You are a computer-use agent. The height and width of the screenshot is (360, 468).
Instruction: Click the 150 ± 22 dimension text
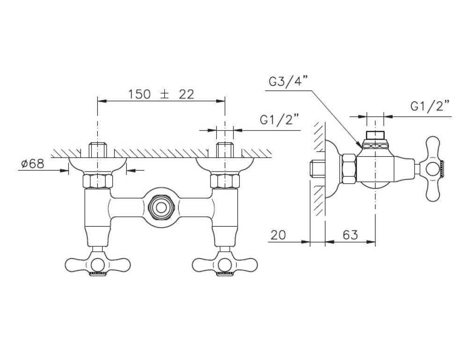tap(161, 94)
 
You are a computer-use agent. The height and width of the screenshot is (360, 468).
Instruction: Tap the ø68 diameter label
tap(33, 164)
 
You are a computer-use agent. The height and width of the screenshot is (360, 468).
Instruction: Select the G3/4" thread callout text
tap(288, 81)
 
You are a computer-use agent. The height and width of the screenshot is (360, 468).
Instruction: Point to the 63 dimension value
tap(350, 235)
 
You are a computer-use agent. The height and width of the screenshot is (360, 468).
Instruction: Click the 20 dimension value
tap(278, 235)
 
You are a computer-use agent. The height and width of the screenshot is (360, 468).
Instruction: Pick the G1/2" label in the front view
tap(280, 121)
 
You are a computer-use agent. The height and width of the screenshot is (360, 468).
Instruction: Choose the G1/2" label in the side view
tap(430, 106)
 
